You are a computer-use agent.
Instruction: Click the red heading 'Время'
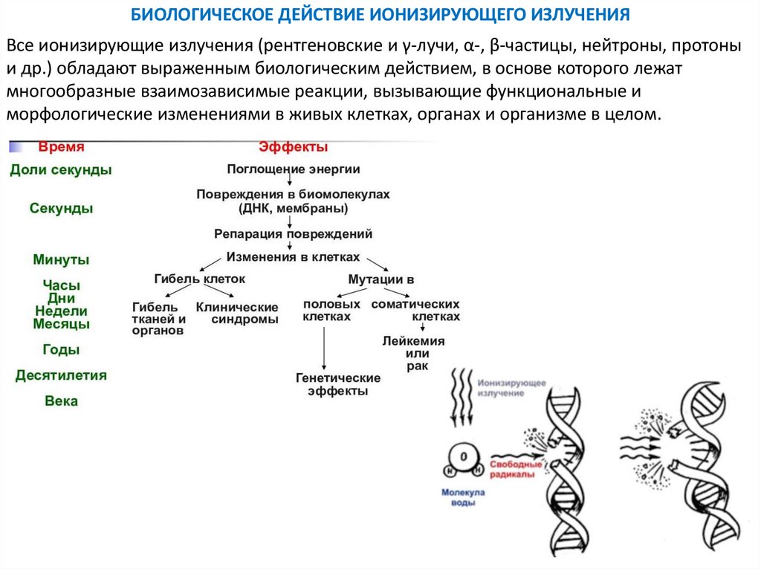coord(61,147)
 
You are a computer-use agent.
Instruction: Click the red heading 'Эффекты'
coord(293,147)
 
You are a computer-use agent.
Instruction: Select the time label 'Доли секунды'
coord(61,170)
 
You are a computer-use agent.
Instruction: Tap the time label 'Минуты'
coord(61,260)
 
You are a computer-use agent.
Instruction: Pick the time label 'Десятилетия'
coord(61,375)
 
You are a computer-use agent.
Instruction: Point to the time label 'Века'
coord(61,401)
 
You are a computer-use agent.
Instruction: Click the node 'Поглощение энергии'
coord(293,169)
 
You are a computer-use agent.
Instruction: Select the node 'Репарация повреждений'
coord(293,233)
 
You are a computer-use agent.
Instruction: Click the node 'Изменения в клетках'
coord(293,256)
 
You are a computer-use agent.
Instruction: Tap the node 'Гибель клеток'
coord(199,279)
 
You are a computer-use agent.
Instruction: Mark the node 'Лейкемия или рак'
coord(413,354)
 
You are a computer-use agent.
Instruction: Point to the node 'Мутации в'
coord(381,280)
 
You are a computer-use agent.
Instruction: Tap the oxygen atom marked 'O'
coord(463,457)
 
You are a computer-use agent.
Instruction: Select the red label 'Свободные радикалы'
coord(512,470)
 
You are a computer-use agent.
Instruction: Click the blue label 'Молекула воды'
coord(462,497)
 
